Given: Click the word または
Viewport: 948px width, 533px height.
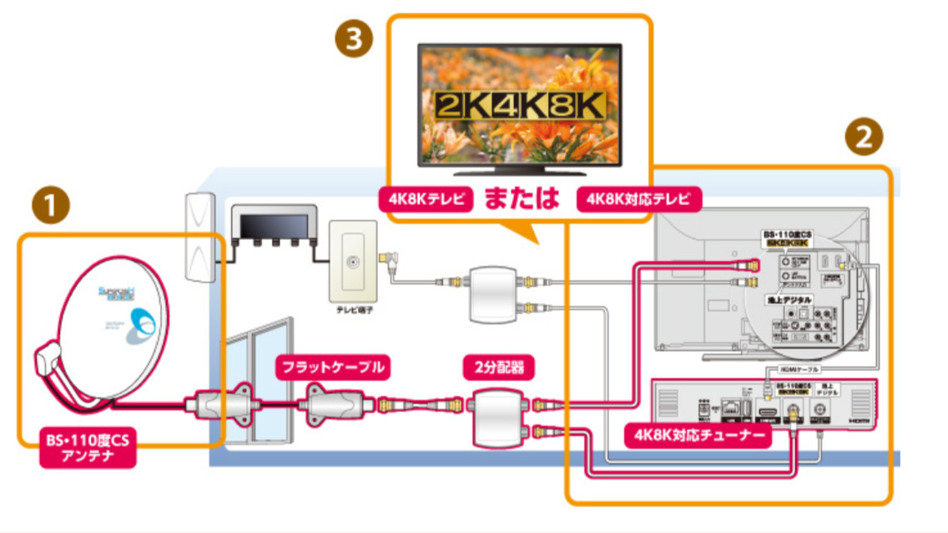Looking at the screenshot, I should click(521, 200).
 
